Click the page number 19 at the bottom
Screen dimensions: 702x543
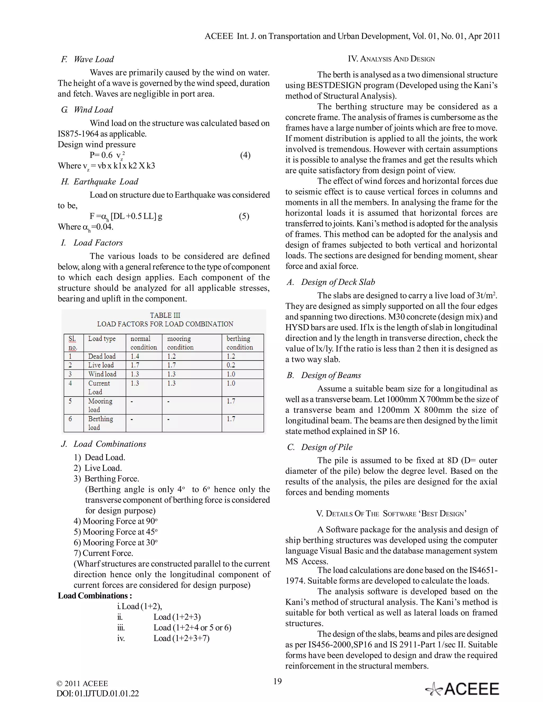(277, 681)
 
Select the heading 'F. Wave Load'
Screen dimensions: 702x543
(87, 59)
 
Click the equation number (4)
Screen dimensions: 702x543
(245, 155)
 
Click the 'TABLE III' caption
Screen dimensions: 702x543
(165, 315)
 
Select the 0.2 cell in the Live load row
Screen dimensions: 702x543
(231, 365)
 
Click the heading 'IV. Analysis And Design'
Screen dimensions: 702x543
(391, 59)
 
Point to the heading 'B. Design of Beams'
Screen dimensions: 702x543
(324, 375)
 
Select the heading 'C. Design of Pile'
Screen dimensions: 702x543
(320, 447)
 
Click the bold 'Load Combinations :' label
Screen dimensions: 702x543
(95, 596)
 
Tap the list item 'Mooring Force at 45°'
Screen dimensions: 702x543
(116, 532)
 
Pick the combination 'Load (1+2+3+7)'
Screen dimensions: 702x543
(181, 638)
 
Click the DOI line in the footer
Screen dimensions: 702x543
(98, 693)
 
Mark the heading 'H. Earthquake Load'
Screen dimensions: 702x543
(100, 182)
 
